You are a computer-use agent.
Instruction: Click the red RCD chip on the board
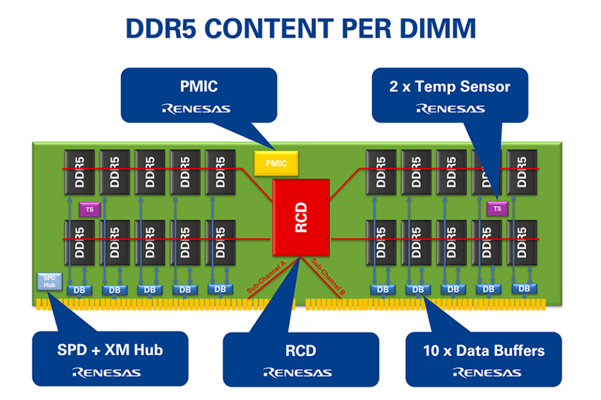(301, 217)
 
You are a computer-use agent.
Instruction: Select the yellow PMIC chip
(276, 164)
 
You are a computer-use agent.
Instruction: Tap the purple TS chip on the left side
(90, 209)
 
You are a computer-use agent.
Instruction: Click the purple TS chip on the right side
(498, 208)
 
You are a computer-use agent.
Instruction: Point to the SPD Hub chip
(49, 281)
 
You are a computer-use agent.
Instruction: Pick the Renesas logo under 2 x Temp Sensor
(450, 109)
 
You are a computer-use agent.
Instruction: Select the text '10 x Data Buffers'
(483, 350)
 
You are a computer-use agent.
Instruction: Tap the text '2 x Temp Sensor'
(449, 87)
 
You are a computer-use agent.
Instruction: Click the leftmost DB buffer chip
(80, 290)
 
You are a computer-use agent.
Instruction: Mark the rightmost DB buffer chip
(524, 288)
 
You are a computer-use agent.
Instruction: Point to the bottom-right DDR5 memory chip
(522, 242)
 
